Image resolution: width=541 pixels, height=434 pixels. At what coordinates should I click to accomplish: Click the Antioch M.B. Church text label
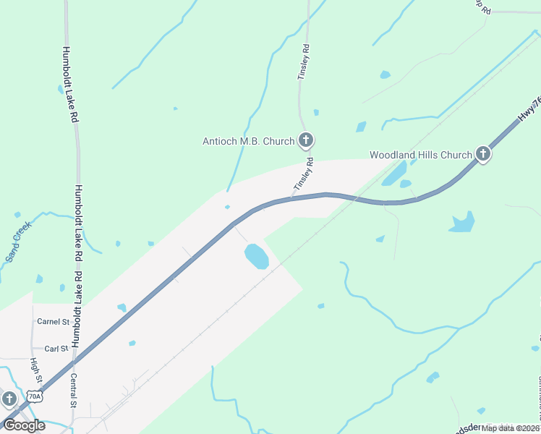pyautogui.click(x=248, y=140)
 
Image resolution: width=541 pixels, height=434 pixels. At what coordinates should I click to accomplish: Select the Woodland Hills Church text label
pyautogui.click(x=420, y=155)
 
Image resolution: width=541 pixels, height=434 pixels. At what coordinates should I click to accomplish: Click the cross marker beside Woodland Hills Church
pyautogui.click(x=483, y=154)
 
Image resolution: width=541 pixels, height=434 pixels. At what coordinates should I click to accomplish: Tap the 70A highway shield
pyautogui.click(x=35, y=396)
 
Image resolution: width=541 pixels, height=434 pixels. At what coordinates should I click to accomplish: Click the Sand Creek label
pyautogui.click(x=19, y=241)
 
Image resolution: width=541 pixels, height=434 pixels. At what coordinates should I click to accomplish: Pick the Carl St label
pyautogui.click(x=56, y=349)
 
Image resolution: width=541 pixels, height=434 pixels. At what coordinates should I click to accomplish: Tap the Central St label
pyautogui.click(x=73, y=391)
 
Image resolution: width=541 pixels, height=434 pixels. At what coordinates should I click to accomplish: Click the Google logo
pyautogui.click(x=24, y=425)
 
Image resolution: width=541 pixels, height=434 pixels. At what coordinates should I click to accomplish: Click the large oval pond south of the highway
pyautogui.click(x=257, y=256)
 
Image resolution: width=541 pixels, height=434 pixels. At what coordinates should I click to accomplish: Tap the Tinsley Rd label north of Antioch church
pyautogui.click(x=304, y=62)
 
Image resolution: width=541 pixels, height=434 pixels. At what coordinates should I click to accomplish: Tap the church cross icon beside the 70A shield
pyautogui.click(x=9, y=399)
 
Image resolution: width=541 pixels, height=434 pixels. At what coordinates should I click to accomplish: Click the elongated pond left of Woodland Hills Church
pyautogui.click(x=395, y=173)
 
